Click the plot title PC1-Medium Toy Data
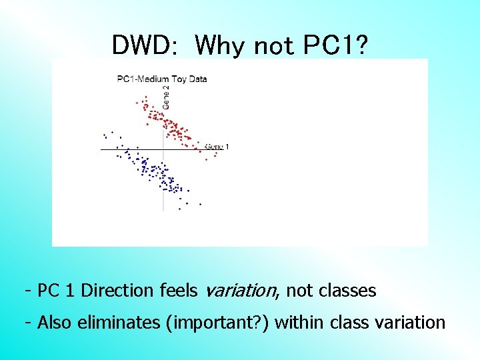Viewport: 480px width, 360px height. click(162, 79)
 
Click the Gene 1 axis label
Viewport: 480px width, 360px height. click(217, 146)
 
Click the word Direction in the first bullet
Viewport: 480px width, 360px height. click(119, 291)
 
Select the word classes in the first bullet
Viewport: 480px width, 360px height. click(347, 291)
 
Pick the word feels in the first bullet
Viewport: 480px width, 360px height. click(179, 291)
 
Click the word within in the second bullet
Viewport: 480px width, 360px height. click(295, 323)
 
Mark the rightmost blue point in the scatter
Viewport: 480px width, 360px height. click(200, 204)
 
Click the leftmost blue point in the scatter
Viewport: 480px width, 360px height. click(103, 135)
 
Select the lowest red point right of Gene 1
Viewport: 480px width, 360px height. click(207, 160)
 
